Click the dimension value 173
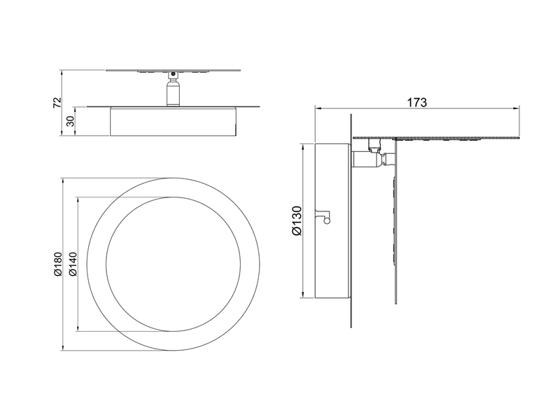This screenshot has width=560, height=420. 416,102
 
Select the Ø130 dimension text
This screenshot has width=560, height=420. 296,220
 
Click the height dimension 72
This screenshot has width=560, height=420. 57,103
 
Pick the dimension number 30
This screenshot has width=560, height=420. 70,122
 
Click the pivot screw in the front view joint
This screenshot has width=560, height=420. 173,73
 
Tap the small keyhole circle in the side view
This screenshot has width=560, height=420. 325,220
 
